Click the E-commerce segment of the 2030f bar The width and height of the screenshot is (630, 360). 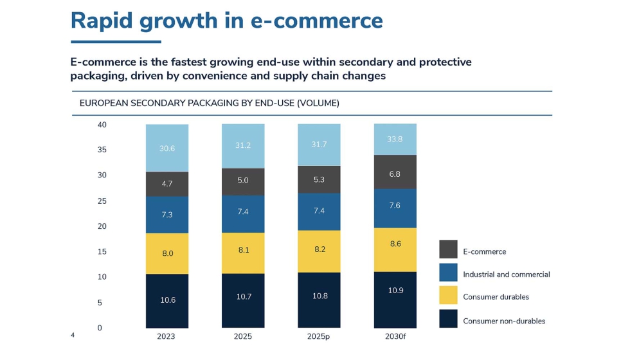click(395, 172)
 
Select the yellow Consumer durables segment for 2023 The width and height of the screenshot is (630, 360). click(167, 253)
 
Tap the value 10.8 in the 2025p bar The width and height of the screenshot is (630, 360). click(320, 296)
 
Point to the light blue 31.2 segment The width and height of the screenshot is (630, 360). click(243, 147)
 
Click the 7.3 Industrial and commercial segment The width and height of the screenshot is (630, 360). click(167, 215)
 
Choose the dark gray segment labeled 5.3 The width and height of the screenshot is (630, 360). click(319, 179)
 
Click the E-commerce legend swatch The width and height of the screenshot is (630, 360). click(448, 249)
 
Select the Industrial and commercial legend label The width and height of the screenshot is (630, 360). click(507, 274)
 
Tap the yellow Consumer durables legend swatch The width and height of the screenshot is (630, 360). click(448, 295)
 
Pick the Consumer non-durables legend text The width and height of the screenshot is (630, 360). click(504, 321)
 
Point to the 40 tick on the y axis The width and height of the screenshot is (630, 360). click(102, 125)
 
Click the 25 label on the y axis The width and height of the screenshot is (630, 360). click(102, 201)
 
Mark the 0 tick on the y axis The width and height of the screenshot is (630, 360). click(100, 328)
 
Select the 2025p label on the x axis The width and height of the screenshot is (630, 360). click(319, 336)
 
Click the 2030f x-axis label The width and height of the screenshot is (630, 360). click(395, 336)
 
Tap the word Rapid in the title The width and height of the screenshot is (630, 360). click(102, 21)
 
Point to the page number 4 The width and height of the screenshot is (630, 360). click(73, 335)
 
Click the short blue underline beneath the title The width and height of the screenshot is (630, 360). click(116, 41)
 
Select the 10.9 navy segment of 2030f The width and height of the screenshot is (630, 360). click(395, 300)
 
